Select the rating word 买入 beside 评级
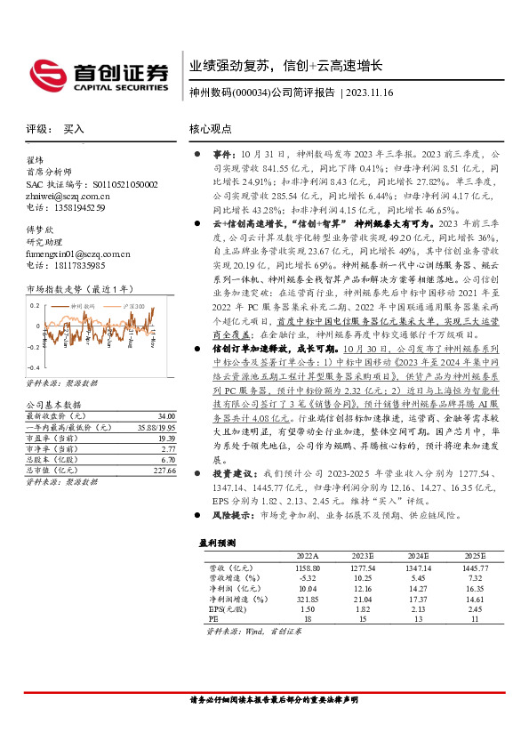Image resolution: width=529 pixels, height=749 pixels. pos(74,129)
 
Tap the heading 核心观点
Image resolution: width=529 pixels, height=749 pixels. pos(210,129)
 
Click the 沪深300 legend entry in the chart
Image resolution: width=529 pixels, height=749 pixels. pos(134,305)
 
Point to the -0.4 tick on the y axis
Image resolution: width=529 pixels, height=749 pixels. pos(34,367)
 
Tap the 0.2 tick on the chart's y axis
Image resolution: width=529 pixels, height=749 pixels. pos(36,304)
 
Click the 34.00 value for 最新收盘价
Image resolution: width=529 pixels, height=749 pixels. pos(166,416)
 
